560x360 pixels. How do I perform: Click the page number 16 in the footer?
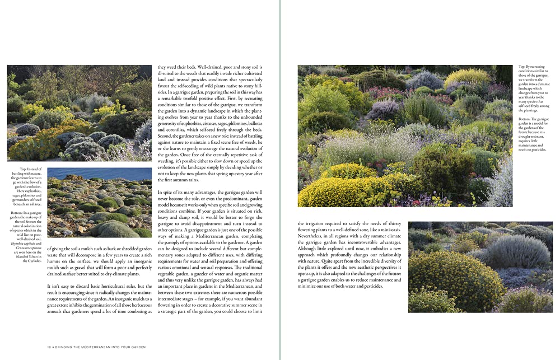[x=49, y=347]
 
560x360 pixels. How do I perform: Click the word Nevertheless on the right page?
[x=311, y=236]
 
